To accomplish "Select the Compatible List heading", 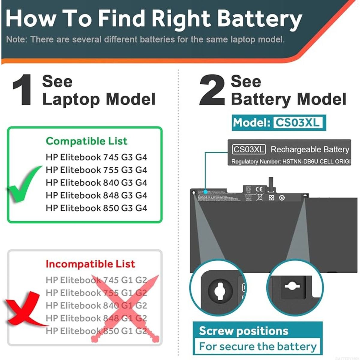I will click(86, 141).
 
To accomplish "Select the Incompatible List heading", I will click(90, 264).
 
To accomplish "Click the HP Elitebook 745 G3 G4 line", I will click(96, 157).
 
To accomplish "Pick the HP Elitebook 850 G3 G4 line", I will click(96, 208).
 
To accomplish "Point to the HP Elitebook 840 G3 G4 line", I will click(96, 182).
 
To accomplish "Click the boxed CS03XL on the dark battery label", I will click(249, 149).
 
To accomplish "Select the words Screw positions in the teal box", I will click(243, 331).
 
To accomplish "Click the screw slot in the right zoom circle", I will click(292, 286).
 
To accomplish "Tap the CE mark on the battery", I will click(259, 189).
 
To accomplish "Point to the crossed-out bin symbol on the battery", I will click(260, 197).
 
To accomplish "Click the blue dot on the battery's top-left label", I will click(205, 191).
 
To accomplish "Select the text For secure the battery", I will click(258, 346).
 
